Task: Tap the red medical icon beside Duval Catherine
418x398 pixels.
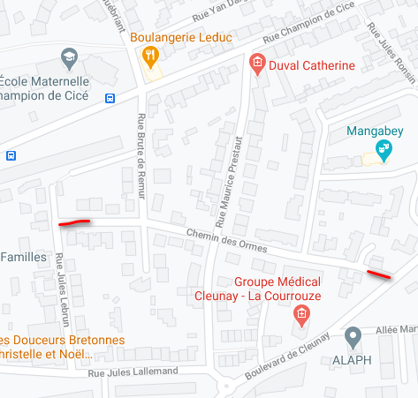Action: (256, 64)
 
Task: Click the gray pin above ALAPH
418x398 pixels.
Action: (353, 336)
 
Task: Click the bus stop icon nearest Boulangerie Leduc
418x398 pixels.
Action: (110, 98)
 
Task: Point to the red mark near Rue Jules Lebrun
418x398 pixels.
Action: (74, 222)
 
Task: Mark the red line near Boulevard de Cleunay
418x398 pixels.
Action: (378, 274)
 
